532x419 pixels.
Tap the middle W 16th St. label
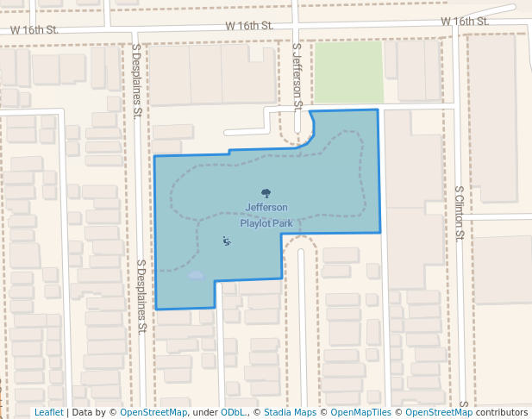[x=250, y=26]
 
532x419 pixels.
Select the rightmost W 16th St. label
[x=464, y=21]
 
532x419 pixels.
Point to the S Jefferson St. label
[x=297, y=78]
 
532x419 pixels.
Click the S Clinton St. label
[x=460, y=212]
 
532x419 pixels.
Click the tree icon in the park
[x=266, y=194]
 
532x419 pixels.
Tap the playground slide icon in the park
[x=226, y=241]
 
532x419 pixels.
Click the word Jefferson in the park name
[x=266, y=208]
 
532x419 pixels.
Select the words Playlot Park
[x=266, y=223]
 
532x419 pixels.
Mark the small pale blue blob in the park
[x=196, y=275]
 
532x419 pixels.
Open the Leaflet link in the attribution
[x=48, y=412]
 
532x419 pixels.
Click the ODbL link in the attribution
[x=232, y=412]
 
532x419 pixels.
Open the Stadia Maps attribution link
[x=290, y=412]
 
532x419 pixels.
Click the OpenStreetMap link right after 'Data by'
[x=153, y=412]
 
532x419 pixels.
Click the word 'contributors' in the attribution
[x=501, y=412]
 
